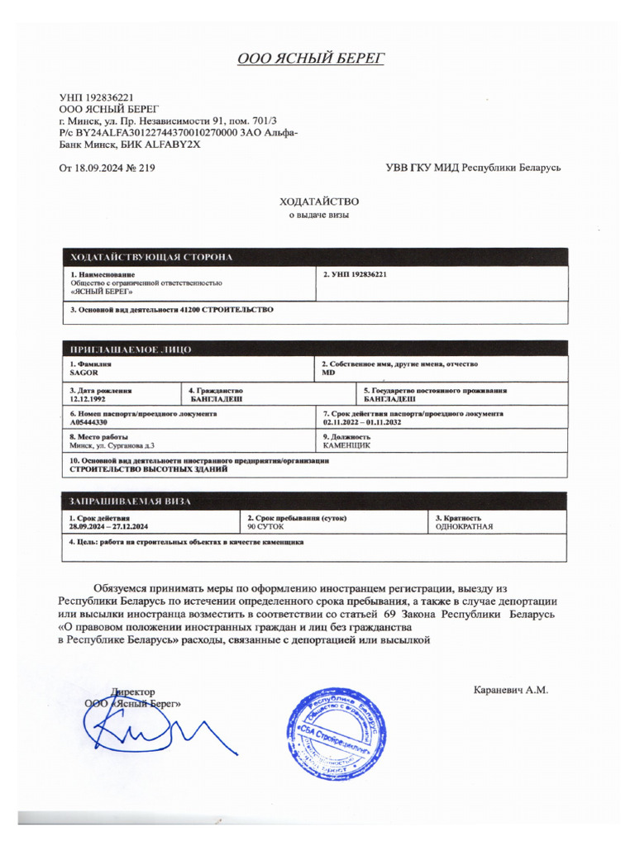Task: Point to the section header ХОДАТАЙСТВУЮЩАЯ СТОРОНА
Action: [151, 257]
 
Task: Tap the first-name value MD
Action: [329, 373]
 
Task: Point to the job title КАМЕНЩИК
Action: [346, 445]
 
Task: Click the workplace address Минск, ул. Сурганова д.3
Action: [112, 445]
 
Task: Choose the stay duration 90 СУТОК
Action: [266, 526]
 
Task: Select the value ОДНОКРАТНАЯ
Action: [464, 526]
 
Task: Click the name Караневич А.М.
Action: [510, 690]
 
